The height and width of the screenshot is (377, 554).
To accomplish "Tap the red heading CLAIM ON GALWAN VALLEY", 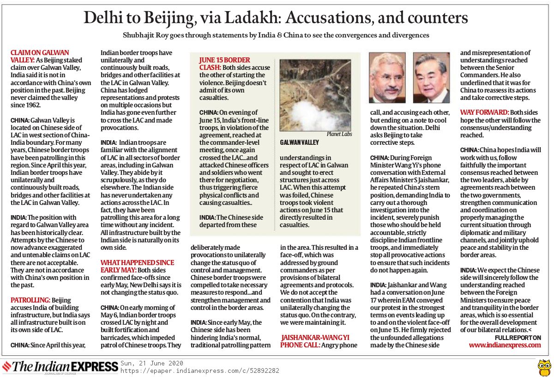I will point(40,56).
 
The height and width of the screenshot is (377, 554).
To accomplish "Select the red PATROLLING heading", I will point(30,300).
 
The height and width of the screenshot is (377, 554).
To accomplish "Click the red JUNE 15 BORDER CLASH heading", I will point(224,63).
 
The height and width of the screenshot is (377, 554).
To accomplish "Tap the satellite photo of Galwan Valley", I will point(309,95).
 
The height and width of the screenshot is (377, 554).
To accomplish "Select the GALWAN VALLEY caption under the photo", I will point(299,142).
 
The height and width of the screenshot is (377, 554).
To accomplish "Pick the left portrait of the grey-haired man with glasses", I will point(387,77).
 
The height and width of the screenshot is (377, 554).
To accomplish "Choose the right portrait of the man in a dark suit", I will point(431,77).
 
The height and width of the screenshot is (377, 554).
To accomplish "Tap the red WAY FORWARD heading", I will point(484,112).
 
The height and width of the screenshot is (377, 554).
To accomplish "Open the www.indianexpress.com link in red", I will point(505,345).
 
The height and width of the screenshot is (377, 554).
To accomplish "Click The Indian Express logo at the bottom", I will point(60,366).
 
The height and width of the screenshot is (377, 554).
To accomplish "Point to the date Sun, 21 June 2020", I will point(152,363).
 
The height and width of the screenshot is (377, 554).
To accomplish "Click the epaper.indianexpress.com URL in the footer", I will point(199,371).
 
